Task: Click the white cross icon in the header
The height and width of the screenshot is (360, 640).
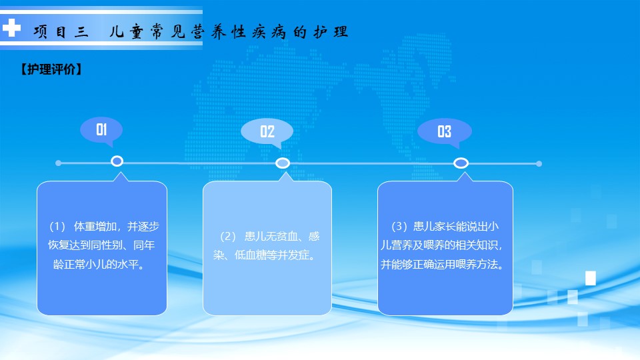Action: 11,28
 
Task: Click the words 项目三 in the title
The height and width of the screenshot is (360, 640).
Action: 61,31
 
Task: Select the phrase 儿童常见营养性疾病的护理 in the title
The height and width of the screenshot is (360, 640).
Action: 229,31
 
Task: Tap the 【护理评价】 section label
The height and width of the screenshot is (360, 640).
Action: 51,69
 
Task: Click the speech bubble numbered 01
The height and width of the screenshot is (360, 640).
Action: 101,130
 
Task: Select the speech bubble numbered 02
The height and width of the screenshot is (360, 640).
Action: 267,132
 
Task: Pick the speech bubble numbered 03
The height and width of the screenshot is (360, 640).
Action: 445,132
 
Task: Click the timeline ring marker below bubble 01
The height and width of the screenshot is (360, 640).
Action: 117,156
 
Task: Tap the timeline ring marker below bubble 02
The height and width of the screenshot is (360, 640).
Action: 283,159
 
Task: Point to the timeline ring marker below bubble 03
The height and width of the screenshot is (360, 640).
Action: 461,158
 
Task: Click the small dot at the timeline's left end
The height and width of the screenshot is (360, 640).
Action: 59,163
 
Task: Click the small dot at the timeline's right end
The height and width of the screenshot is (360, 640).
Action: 539,164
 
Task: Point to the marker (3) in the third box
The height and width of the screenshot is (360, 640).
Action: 399,227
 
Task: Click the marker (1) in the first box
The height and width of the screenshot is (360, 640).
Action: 57,227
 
